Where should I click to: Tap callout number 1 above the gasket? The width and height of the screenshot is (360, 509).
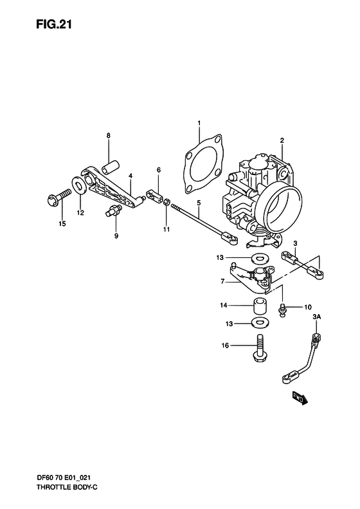[x=199, y=122]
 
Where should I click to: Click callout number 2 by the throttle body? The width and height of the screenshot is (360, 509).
[x=281, y=140]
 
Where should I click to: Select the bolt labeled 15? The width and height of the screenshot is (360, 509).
[x=56, y=198]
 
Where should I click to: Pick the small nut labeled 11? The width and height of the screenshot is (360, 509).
[x=166, y=203]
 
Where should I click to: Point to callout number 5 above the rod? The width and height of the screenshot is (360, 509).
[x=199, y=203]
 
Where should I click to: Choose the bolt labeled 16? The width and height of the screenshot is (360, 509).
[x=261, y=348]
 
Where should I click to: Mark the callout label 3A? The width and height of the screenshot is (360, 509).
[x=316, y=317]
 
